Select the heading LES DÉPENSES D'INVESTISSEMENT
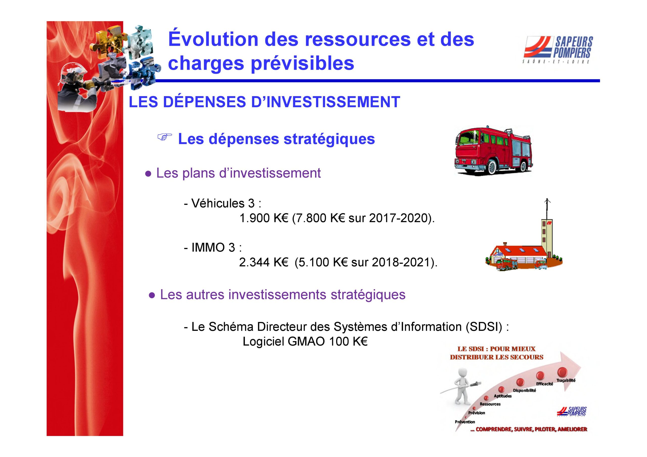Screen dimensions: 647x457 [264, 102]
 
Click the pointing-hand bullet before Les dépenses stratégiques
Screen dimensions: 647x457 [165, 137]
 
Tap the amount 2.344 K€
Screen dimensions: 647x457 [264, 262]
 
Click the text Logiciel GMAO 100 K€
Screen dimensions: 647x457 [305, 342]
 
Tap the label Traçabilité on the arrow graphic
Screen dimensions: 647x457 [566, 381]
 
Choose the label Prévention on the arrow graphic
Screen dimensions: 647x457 [465, 422]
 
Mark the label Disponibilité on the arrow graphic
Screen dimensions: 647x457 [524, 391]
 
